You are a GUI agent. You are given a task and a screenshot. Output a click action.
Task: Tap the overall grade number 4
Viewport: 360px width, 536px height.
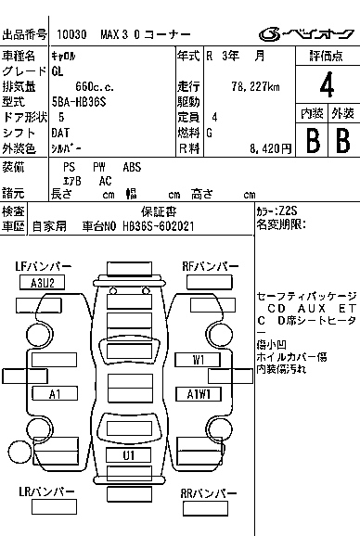coord(327,86)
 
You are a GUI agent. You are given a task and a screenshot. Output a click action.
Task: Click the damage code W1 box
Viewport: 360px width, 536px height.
coord(199,359)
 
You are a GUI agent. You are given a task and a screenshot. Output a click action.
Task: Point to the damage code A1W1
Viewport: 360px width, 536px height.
coord(199,394)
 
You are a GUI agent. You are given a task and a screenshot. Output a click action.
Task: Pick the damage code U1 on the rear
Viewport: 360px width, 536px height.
coord(129,455)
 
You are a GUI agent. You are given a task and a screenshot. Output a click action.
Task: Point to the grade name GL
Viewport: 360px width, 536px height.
coord(58,70)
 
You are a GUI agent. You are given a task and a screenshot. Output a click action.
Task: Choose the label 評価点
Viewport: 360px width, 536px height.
coord(327,56)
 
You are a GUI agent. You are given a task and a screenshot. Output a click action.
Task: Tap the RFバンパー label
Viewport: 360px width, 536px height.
coord(209,267)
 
